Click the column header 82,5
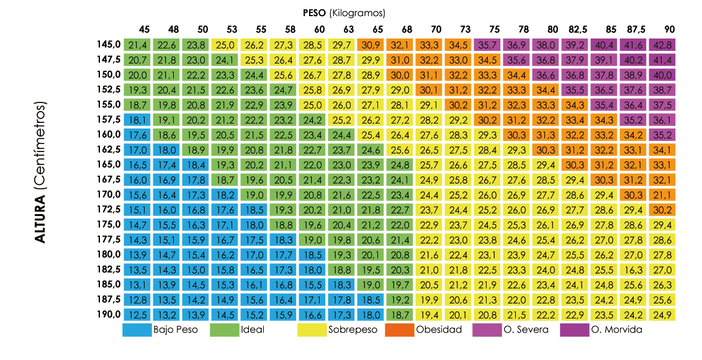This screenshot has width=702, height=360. [578, 29]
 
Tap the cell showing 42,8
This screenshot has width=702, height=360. [663, 45]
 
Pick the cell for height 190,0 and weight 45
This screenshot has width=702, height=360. [137, 314]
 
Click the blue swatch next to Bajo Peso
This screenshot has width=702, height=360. [137, 330]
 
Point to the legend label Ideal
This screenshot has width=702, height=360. [253, 330]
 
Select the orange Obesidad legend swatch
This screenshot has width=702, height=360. [399, 330]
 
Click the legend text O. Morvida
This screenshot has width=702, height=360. [617, 330]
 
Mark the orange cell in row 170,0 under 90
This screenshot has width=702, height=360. [663, 194]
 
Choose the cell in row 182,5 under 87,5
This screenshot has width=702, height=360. [634, 269]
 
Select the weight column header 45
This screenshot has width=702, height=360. [144, 29]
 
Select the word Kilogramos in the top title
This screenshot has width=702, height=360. [358, 12]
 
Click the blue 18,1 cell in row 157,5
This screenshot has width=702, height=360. [137, 119]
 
